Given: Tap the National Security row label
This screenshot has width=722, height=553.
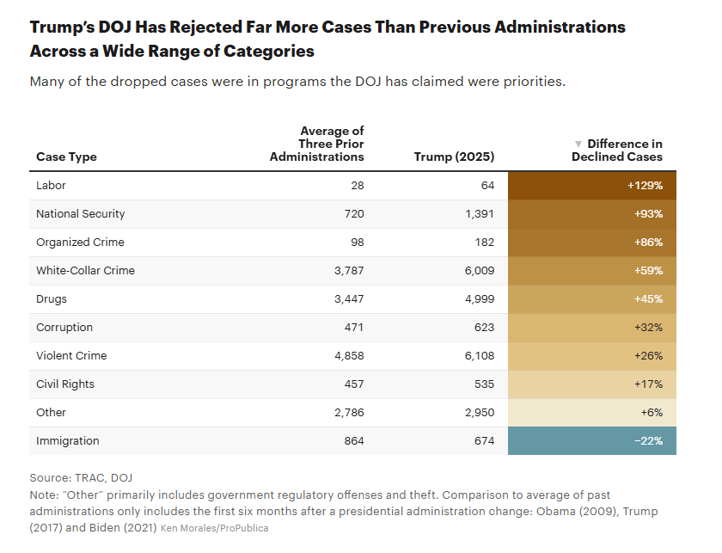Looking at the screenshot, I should point(81,214).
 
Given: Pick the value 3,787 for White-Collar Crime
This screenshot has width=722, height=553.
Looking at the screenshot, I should point(347,271).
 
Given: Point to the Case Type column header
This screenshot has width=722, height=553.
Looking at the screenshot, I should point(66,157).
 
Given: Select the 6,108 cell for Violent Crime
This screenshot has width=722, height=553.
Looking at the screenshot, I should point(478,356).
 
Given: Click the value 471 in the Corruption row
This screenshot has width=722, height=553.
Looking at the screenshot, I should point(353,328).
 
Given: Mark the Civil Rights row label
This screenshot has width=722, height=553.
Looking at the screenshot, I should point(65,384).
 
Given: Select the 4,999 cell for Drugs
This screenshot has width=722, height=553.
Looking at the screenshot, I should point(478,299).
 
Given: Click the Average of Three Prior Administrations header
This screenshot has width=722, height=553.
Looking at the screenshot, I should point(318,144).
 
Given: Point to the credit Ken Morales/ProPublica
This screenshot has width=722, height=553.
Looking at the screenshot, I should point(214,528).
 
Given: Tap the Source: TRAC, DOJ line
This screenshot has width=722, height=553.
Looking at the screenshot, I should point(81,478).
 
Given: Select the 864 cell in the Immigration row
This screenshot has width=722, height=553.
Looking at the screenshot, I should point(353,441).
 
